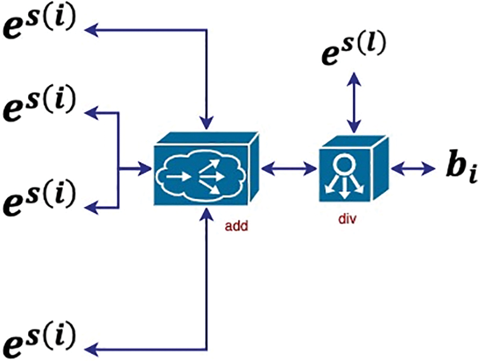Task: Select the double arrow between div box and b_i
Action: (x=412, y=167)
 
